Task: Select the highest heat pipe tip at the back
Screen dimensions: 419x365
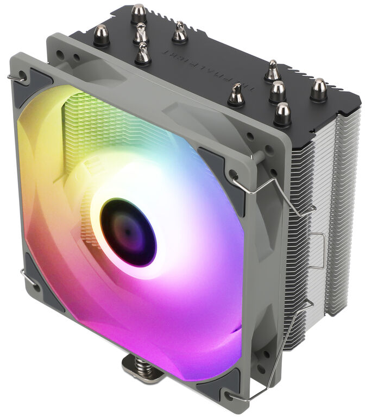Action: pyautogui.click(x=139, y=13)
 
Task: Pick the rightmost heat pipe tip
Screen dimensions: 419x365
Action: pyautogui.click(x=318, y=89)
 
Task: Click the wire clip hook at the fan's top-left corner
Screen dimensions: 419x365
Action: pyautogui.click(x=16, y=79)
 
